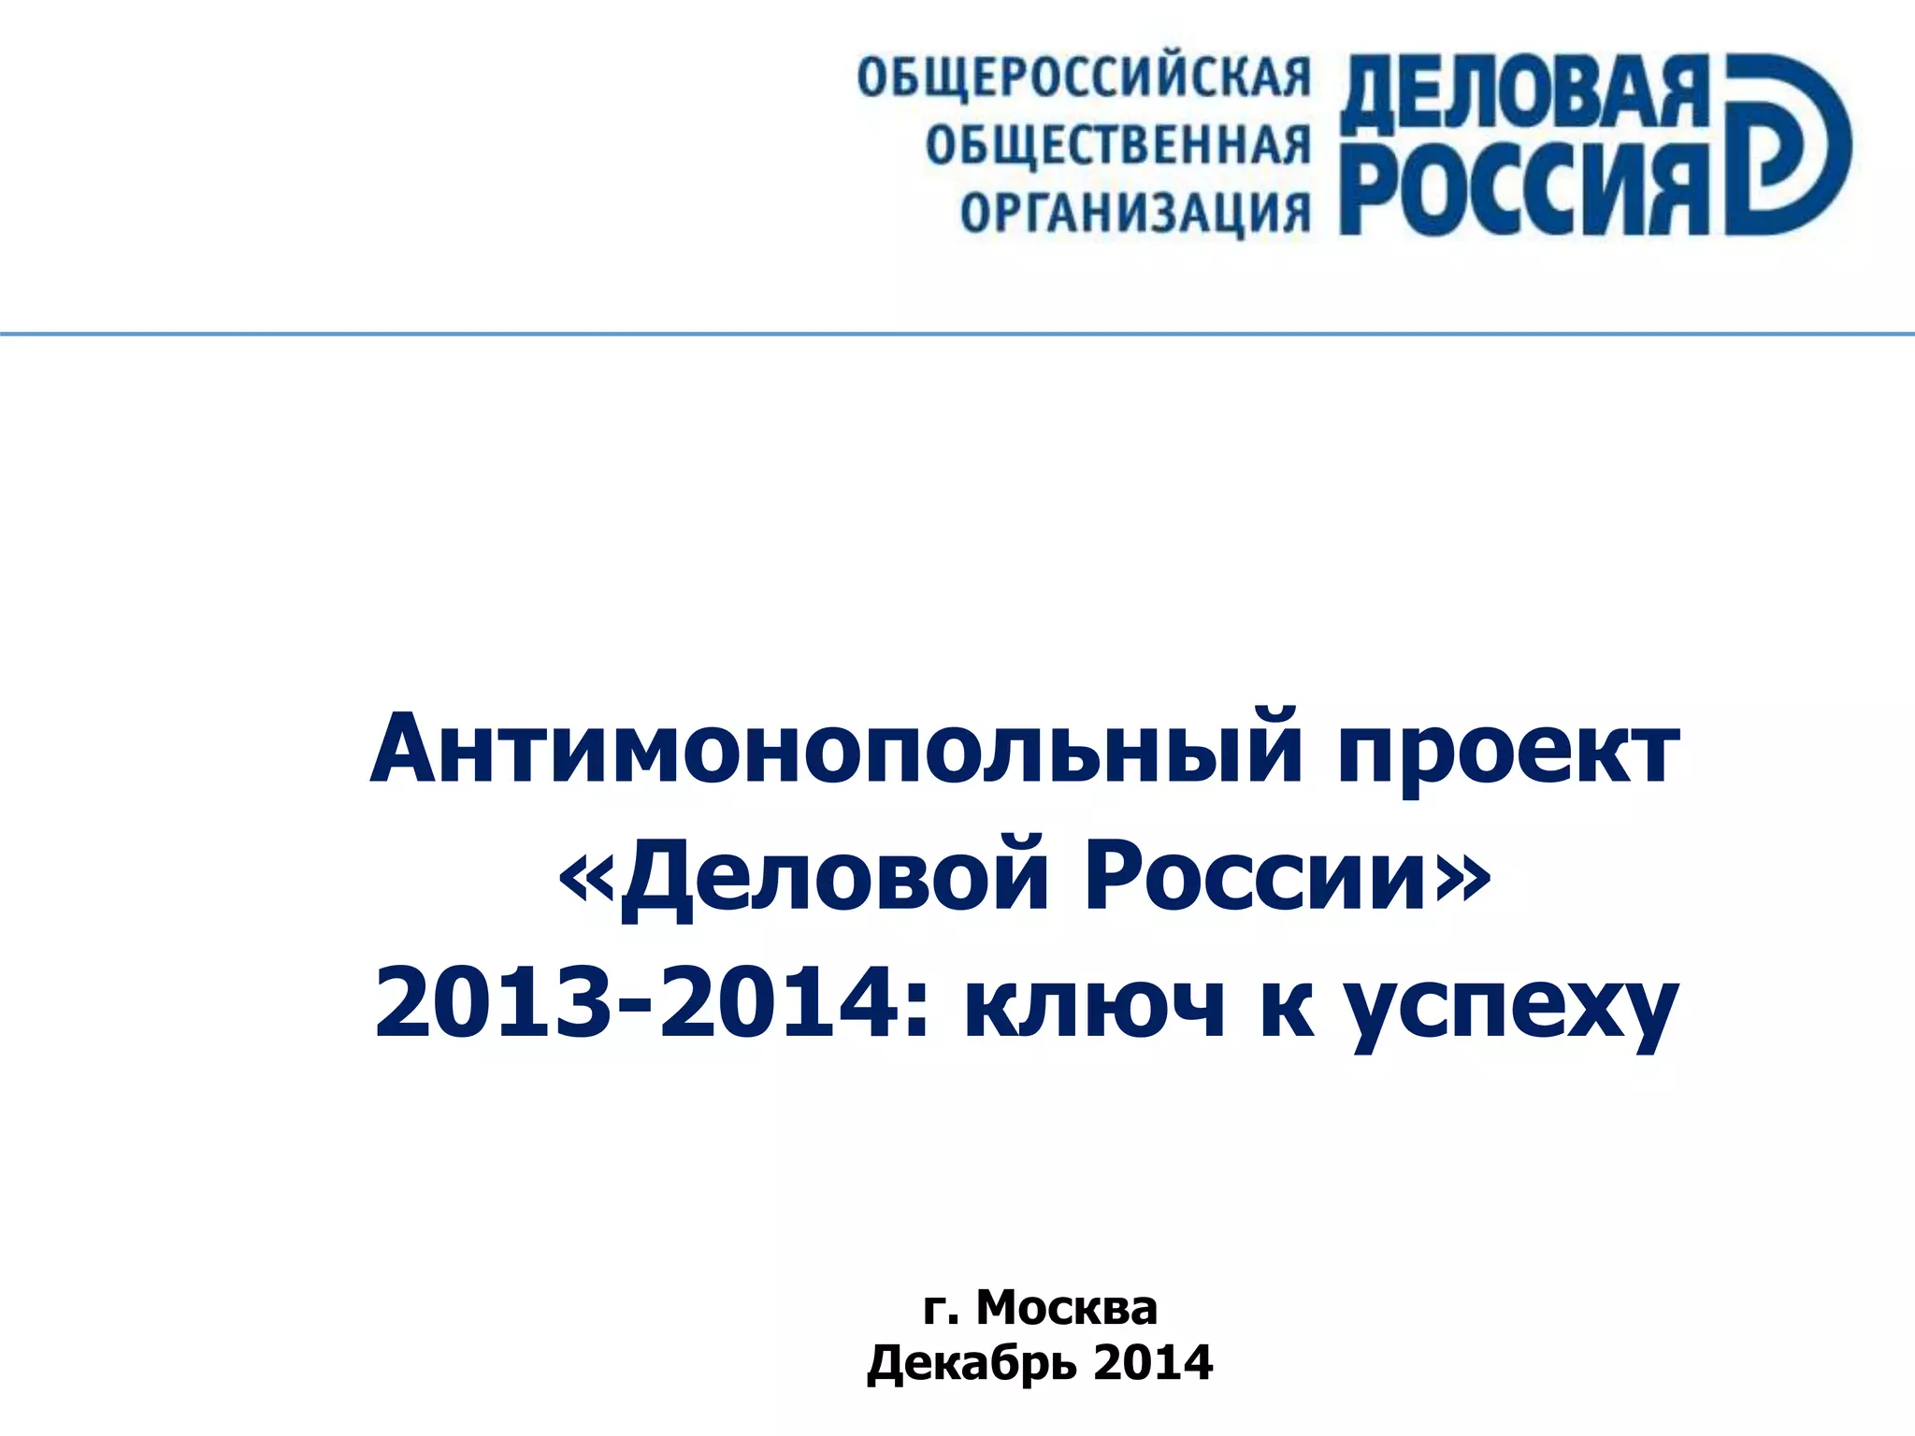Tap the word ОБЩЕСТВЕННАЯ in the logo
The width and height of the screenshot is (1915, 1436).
pyautogui.click(x=1118, y=147)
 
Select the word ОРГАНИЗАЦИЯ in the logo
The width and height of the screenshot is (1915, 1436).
pyautogui.click(x=1135, y=213)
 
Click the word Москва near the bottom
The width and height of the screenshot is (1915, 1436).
pyautogui.click(x=1067, y=1307)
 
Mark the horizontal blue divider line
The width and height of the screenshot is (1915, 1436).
pyautogui.click(x=957, y=334)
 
